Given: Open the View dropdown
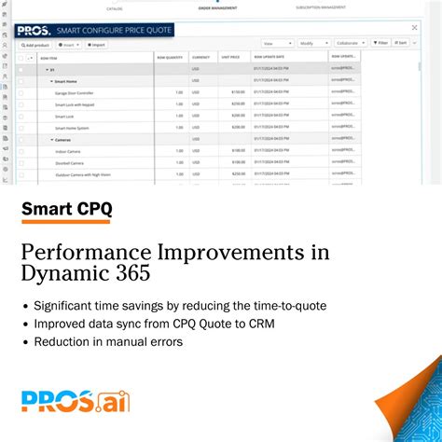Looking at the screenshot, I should [277, 43].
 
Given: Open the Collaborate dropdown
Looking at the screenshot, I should [351, 43].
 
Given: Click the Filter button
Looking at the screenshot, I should [380, 43].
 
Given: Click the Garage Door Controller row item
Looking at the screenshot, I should [76, 92].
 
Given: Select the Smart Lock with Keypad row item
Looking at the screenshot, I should [75, 104].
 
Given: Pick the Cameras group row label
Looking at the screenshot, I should [63, 139].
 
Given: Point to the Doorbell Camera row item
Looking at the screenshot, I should [70, 161].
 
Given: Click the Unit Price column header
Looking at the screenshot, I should [230, 56].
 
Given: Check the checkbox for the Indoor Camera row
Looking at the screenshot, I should [21, 150].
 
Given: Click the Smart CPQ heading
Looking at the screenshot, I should [66, 208].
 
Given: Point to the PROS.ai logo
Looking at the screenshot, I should [76, 401].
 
